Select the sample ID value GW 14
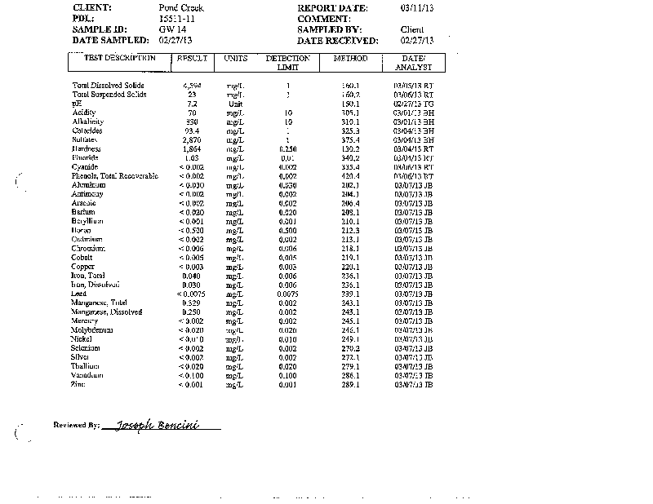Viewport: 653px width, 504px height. point(170,29)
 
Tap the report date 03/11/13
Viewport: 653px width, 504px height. point(417,8)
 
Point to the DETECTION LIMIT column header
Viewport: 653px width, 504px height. point(287,63)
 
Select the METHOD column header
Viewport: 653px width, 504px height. point(351,59)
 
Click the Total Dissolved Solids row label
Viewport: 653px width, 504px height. point(109,86)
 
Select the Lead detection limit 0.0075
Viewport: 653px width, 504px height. point(287,294)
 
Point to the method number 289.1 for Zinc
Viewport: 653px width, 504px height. point(351,384)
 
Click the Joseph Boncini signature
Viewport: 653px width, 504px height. point(168,425)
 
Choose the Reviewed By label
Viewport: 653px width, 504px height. point(76,426)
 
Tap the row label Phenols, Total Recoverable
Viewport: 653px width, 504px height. point(114,176)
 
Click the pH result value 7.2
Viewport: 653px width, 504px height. point(193,104)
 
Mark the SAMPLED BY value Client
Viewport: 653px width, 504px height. point(412,29)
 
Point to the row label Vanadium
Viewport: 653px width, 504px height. point(88,375)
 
